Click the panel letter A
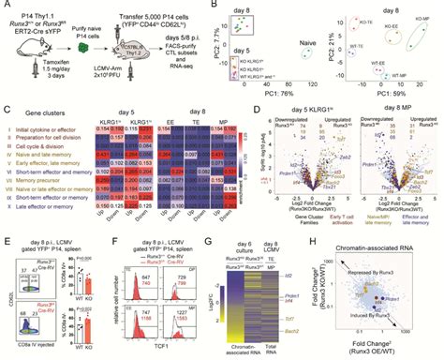(x=5, y=6)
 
